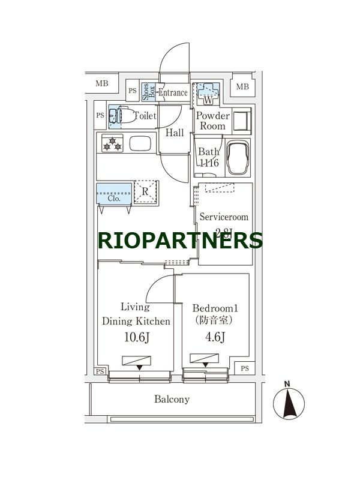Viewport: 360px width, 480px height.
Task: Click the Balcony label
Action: (x=172, y=399)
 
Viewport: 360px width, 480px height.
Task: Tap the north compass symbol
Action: (x=289, y=402)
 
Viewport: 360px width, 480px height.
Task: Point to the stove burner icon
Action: (x=112, y=144)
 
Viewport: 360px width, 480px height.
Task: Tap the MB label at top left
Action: (x=102, y=83)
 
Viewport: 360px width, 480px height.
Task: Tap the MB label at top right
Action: (x=242, y=87)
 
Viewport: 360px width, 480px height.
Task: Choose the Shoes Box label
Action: (x=149, y=92)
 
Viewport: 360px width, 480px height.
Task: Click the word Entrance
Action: (x=173, y=92)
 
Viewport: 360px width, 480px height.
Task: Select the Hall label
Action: (x=175, y=133)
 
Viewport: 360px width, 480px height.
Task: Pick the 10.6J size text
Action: (x=136, y=337)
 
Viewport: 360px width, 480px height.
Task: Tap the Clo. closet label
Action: (x=114, y=198)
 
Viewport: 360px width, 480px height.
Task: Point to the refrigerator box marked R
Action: (x=145, y=192)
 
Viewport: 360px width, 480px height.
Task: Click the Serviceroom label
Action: (x=224, y=217)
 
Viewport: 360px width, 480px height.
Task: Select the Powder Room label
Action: (x=213, y=121)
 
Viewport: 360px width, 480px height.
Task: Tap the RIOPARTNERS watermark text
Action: (x=180, y=240)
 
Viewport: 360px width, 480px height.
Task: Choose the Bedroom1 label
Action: (x=215, y=308)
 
